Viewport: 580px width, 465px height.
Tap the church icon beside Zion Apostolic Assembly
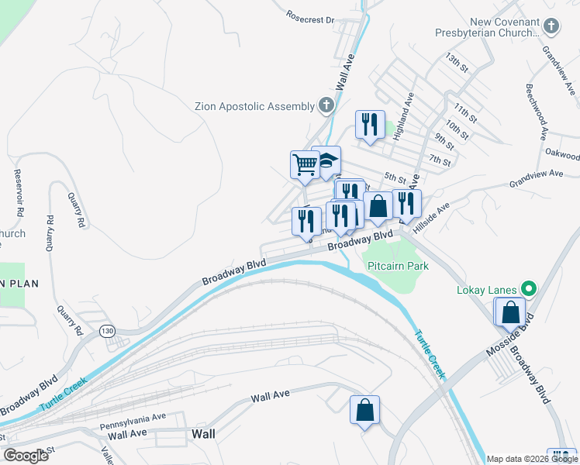(x=326, y=105)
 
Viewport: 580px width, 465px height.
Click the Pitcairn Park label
(x=397, y=265)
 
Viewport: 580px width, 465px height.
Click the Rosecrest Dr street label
(x=309, y=17)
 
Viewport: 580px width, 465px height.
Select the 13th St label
(x=457, y=62)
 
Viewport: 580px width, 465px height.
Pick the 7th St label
(x=440, y=160)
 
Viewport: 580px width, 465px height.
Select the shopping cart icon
(x=305, y=164)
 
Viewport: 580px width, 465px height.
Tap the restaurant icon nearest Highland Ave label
(x=369, y=125)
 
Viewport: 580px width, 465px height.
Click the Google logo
(x=26, y=456)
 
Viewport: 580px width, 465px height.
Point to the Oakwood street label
(x=562, y=154)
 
